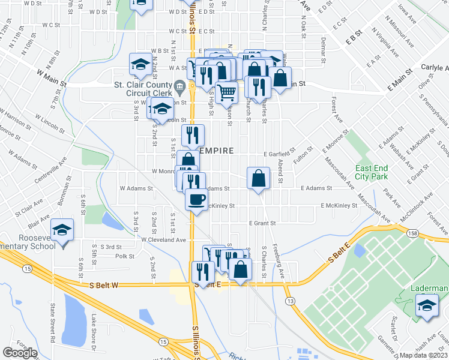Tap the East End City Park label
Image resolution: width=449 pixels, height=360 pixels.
[373, 172]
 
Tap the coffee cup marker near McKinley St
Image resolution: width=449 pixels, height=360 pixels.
[196, 199]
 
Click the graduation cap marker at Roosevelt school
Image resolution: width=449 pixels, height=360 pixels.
[62, 231]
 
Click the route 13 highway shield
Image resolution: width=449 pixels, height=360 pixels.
[291, 299]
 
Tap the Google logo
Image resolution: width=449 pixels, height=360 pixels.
[20, 353]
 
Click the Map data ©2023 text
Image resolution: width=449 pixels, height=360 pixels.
[424, 355]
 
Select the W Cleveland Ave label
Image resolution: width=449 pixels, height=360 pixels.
[164, 239]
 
